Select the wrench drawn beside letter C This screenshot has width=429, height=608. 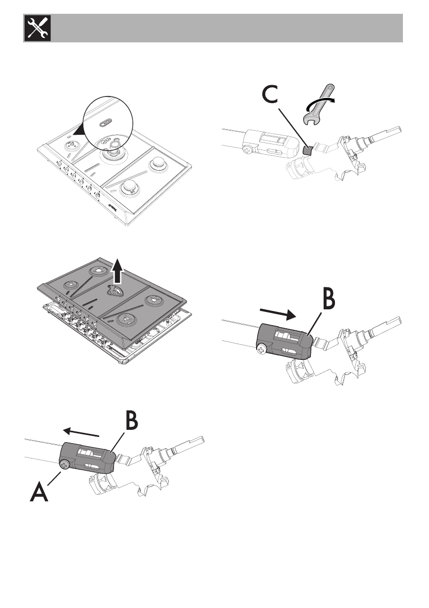click(x=317, y=105)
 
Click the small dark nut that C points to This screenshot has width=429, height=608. click(x=307, y=150)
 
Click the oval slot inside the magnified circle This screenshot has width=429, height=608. click(x=106, y=120)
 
